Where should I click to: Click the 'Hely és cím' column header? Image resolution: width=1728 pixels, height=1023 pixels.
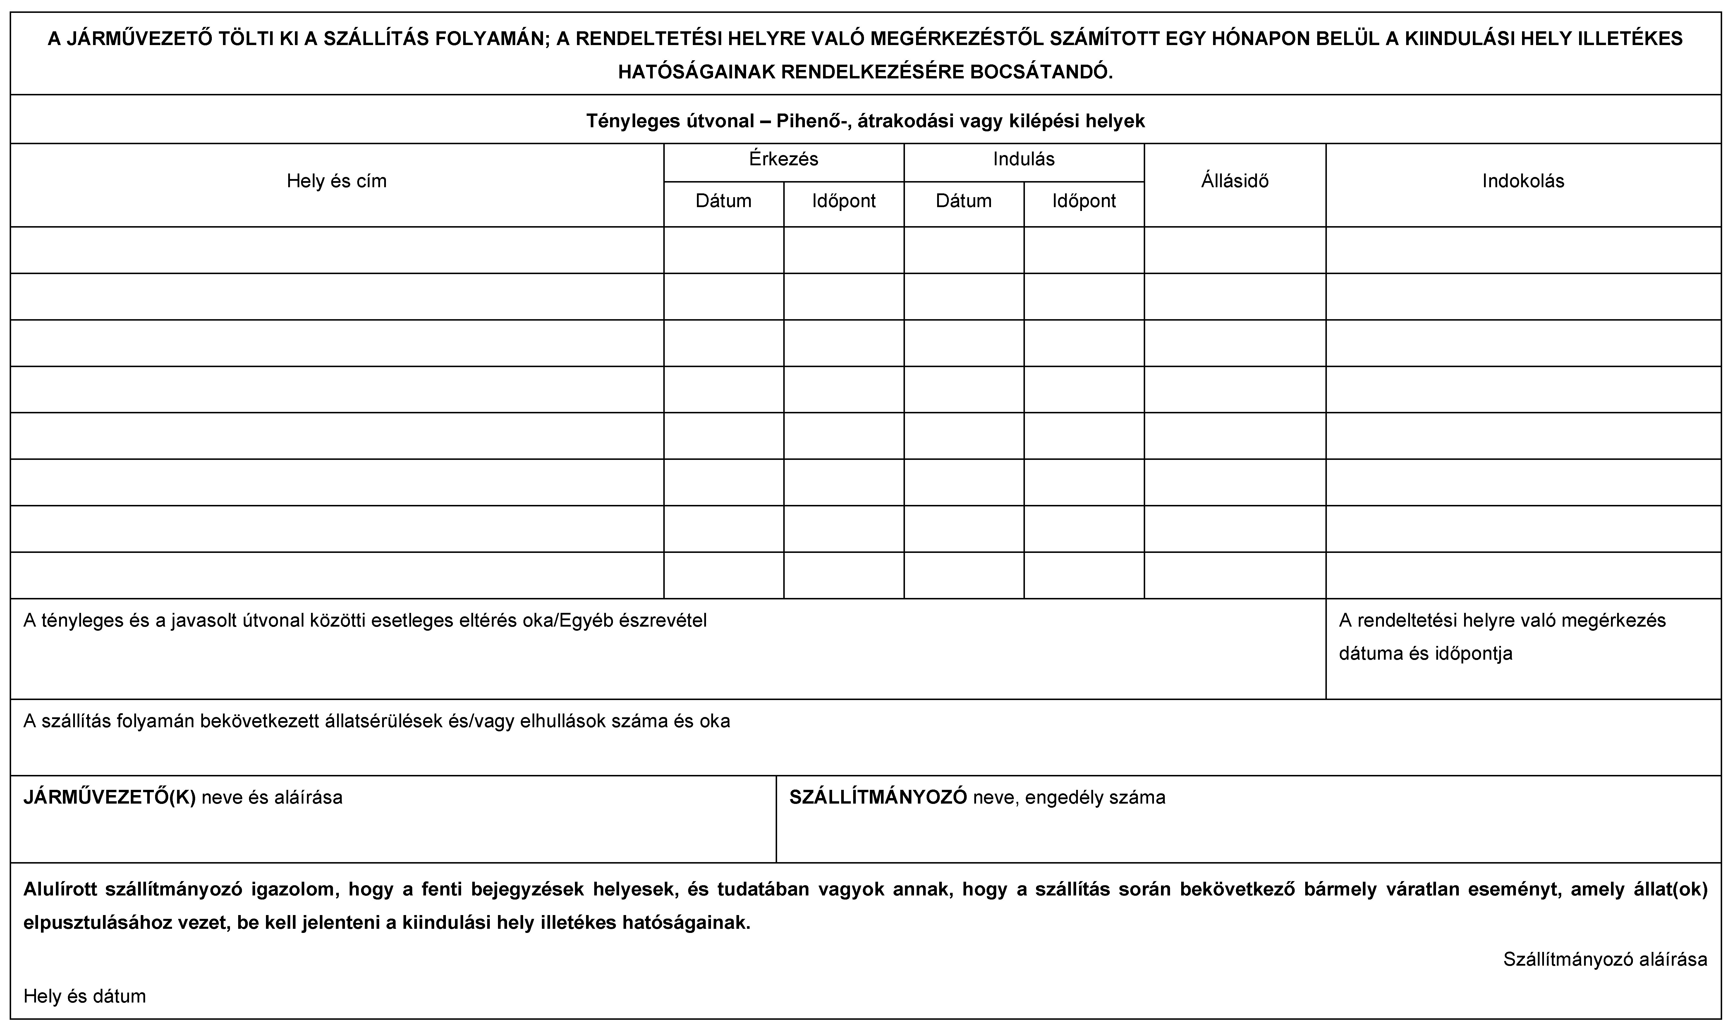pyautogui.click(x=336, y=181)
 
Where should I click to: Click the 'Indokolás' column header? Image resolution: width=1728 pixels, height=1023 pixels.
pyautogui.click(x=1523, y=181)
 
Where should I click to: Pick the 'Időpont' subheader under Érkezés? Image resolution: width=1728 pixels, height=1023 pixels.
pyautogui.click(x=844, y=201)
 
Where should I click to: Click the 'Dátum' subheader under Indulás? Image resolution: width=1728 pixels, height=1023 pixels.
pyautogui.click(x=963, y=201)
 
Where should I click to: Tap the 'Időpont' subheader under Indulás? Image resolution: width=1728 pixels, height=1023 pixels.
pyautogui.click(x=1083, y=201)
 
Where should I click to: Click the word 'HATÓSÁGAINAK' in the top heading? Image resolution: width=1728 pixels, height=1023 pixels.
pyautogui.click(x=695, y=72)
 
